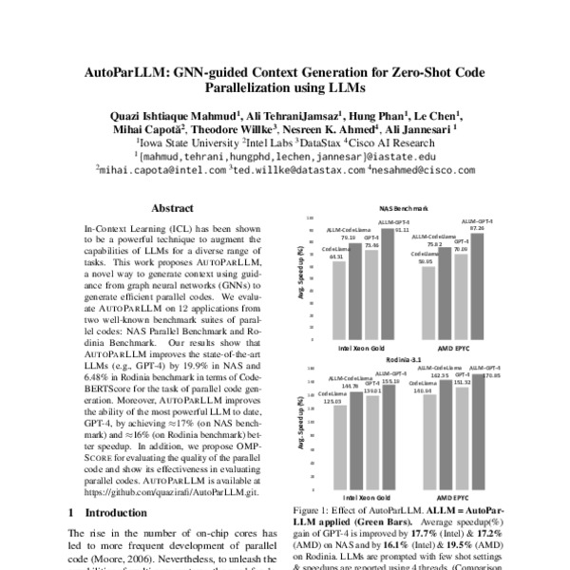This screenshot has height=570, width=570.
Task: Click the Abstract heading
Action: tap(172, 207)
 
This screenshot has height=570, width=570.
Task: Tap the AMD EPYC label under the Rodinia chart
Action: tap(452, 496)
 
